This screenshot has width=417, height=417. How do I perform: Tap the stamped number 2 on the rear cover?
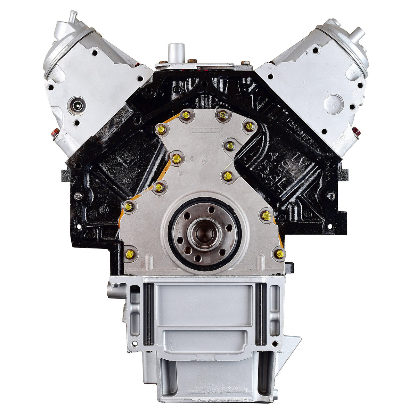point(192,159)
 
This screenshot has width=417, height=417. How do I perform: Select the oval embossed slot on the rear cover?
point(205,131)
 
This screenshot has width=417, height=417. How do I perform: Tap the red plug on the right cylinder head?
point(355,132)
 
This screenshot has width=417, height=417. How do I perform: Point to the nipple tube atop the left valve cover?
point(73,16)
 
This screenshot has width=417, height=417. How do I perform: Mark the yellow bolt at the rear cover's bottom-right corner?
point(279,254)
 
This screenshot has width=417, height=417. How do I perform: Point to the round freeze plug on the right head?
point(333,102)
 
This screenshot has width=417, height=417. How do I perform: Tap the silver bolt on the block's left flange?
point(77,197)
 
